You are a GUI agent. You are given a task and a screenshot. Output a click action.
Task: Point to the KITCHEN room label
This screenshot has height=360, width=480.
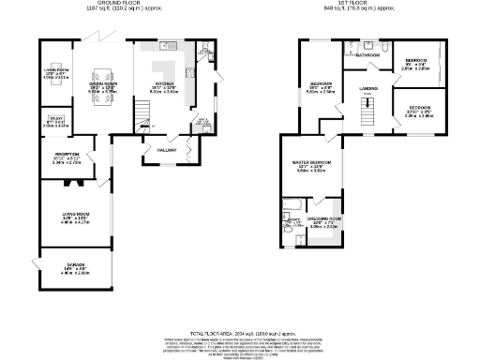tap(165, 85)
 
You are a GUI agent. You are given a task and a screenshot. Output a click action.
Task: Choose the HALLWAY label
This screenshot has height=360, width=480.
tap(167, 149)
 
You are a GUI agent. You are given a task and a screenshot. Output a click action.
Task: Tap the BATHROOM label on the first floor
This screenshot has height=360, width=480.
tap(367, 55)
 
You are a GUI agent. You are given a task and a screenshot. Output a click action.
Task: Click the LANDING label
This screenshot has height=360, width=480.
tap(367, 89)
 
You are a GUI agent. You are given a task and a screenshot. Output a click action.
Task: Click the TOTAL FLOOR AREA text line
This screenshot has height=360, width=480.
tap(239, 333)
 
